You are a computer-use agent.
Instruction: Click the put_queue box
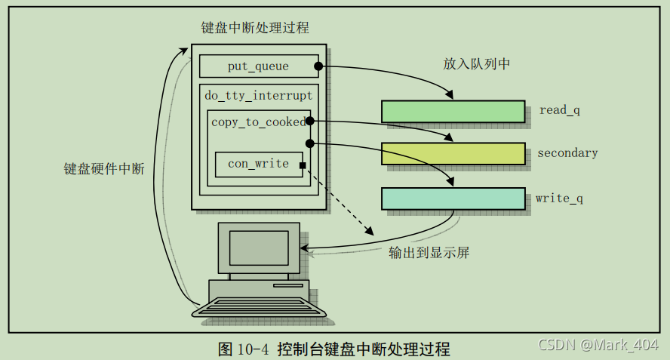pyautogui.click(x=258, y=66)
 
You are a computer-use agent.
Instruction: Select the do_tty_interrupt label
pyautogui.click(x=258, y=96)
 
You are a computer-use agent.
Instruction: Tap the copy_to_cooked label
pyautogui.click(x=258, y=122)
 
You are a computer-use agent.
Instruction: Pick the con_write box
pyautogui.click(x=258, y=164)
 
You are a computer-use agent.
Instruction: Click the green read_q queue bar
pyautogui.click(x=453, y=111)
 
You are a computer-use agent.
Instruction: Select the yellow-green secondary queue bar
pyautogui.click(x=453, y=153)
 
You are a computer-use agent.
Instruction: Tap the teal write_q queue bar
pyautogui.click(x=453, y=198)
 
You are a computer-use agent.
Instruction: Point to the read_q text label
pyautogui.click(x=559, y=110)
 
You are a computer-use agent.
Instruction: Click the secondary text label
pyautogui.click(x=567, y=153)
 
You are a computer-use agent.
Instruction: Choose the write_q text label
pyautogui.click(x=559, y=199)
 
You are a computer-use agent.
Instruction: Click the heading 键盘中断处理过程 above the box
pyautogui.click(x=255, y=28)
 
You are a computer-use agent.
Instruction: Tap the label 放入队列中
pyautogui.click(x=477, y=64)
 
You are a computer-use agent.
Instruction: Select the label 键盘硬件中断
pyautogui.click(x=103, y=169)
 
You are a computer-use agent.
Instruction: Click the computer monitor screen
pyautogui.click(x=259, y=247)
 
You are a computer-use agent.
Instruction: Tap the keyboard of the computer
pyautogui.click(x=258, y=308)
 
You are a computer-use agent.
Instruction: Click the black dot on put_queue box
pyautogui.click(x=319, y=66)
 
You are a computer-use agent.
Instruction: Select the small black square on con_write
pyautogui.click(x=303, y=165)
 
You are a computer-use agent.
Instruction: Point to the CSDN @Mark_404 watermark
pyautogui.click(x=599, y=345)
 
